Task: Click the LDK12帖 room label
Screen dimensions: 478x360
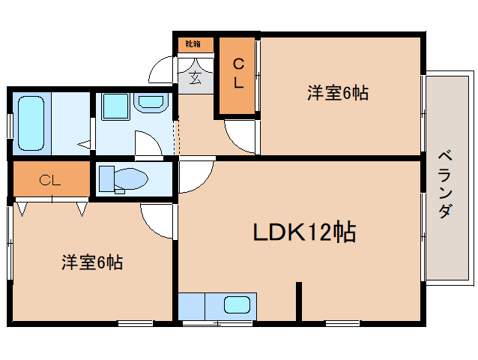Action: click(304, 232)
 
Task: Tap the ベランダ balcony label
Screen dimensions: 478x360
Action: click(445, 184)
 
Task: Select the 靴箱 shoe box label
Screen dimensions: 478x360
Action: click(193, 44)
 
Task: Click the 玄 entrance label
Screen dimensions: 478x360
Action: click(195, 77)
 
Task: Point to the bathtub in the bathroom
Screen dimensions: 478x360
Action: click(31, 123)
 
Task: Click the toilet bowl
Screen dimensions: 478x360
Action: click(131, 178)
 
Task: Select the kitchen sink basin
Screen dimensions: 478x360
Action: click(238, 305)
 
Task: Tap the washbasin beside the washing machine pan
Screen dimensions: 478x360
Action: click(151, 103)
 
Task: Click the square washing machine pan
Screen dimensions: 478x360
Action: click(115, 106)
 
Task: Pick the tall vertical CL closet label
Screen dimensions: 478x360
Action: click(239, 73)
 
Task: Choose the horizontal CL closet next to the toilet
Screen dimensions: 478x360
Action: click(50, 180)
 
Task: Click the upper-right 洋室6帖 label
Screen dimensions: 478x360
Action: click(338, 93)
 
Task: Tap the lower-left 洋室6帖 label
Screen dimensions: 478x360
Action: click(92, 262)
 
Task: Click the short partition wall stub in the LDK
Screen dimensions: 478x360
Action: click(299, 301)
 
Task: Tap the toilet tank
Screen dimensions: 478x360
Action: click(106, 178)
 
